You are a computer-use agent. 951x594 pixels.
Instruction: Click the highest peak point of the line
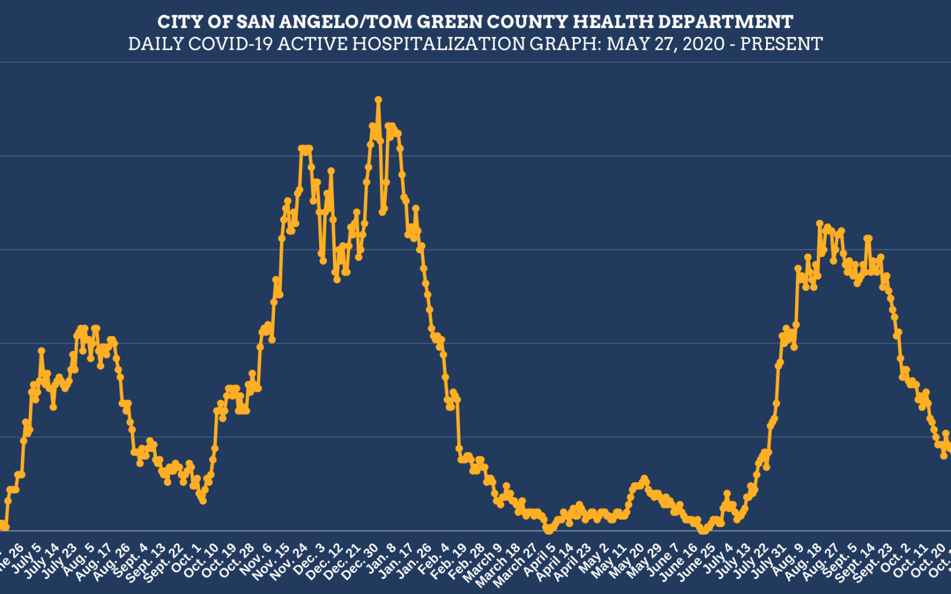point(378,100)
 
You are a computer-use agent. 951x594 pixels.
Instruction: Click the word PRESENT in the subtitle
point(781,44)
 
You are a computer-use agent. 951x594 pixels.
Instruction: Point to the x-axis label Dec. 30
point(361,561)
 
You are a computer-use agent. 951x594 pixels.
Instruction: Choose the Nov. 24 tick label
point(289,561)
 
